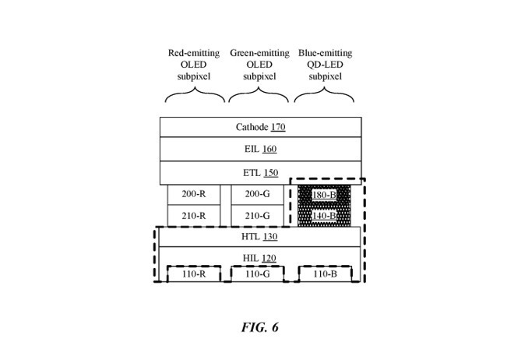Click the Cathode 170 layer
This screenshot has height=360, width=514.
click(260, 127)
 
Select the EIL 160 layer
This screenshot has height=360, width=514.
click(260, 150)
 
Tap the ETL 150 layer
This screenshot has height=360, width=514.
click(260, 172)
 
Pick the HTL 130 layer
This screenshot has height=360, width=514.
click(260, 237)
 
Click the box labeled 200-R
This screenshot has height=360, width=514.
click(193, 194)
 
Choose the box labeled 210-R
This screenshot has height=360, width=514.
click(193, 216)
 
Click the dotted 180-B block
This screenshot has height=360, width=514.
click(324, 195)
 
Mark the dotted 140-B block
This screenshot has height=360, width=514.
click(324, 216)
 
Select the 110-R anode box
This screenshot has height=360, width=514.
click(193, 274)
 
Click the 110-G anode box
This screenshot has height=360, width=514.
click(257, 274)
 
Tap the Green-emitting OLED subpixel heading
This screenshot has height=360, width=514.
click(259, 65)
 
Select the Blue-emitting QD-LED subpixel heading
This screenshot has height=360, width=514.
click(325, 65)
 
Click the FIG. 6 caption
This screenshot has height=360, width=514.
click(259, 327)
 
